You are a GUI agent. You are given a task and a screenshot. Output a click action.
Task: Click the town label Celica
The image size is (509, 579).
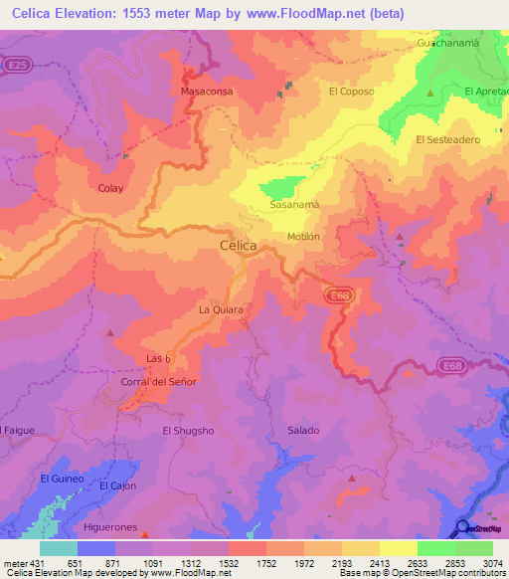point(238,245)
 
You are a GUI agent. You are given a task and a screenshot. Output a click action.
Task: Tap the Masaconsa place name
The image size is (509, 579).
point(206,91)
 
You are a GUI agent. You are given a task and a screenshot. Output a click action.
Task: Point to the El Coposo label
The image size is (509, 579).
point(351,91)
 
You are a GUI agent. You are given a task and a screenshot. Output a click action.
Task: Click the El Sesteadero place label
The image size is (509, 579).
point(447,140)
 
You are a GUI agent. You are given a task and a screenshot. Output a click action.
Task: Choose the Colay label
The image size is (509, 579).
point(110,187)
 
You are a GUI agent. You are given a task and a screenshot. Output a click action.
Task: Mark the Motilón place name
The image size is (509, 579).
point(303,237)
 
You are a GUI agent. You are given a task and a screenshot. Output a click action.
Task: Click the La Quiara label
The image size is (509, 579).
point(221,310)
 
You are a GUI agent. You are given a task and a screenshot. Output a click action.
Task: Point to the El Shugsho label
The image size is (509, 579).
point(189,431)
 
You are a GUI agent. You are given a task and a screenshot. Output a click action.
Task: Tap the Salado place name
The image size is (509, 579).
point(303,430)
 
